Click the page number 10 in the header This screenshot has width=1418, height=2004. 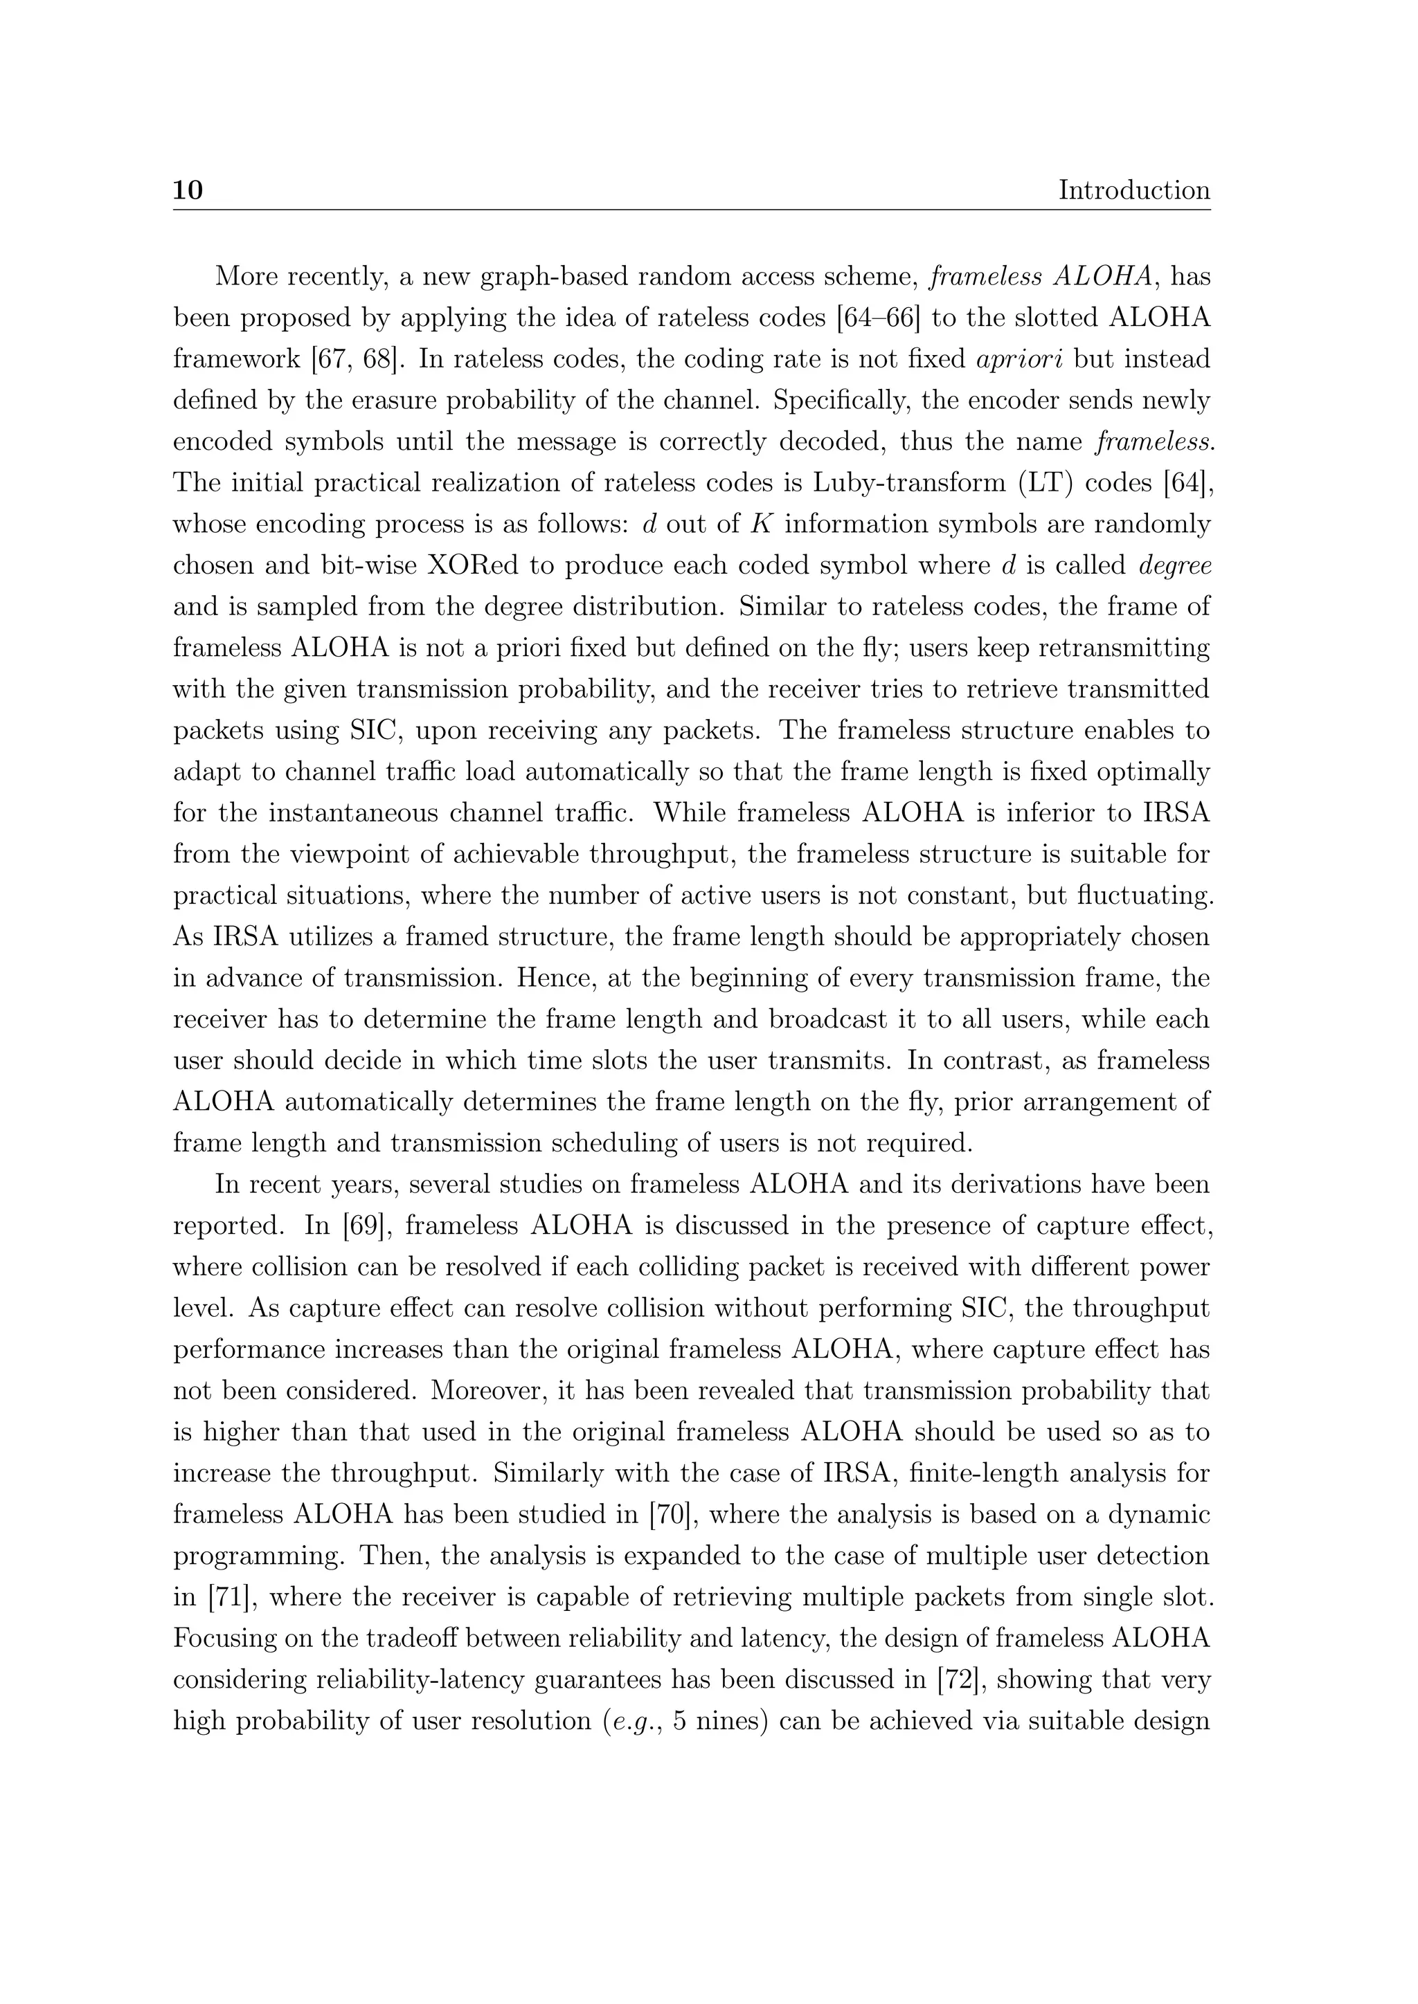[x=188, y=190]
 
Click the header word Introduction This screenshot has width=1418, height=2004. [x=1133, y=190]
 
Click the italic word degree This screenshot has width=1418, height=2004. [x=1175, y=565]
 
